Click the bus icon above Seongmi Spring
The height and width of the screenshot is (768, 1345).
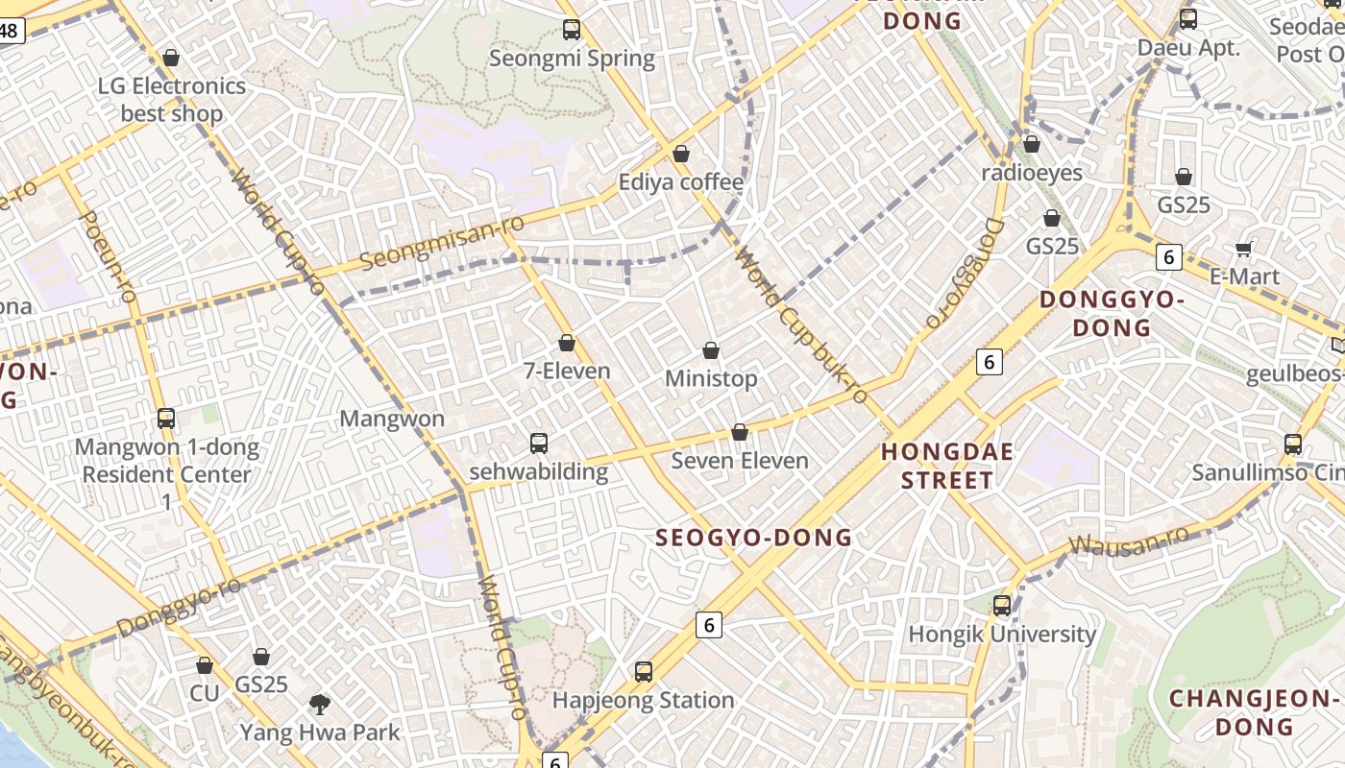click(572, 30)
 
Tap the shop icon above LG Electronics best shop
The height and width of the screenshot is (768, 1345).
click(171, 59)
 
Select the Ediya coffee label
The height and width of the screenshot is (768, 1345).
click(681, 182)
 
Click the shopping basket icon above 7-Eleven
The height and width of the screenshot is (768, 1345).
click(567, 343)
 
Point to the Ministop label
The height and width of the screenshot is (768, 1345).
click(711, 379)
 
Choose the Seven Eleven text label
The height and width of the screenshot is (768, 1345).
click(740, 461)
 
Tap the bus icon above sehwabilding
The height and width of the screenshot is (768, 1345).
click(539, 444)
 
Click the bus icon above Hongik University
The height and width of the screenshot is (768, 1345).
click(1002, 606)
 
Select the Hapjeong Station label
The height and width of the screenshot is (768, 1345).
click(644, 701)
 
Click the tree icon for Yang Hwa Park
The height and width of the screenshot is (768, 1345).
click(320, 705)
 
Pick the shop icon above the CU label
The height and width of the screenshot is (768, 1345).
click(205, 665)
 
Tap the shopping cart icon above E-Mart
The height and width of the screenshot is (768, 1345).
click(1244, 250)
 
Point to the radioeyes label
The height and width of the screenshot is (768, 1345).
click(1032, 173)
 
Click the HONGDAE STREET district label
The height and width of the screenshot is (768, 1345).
click(946, 466)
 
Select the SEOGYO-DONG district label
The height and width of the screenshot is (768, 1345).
click(753, 538)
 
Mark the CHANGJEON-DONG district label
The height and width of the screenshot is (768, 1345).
click(1253, 711)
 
